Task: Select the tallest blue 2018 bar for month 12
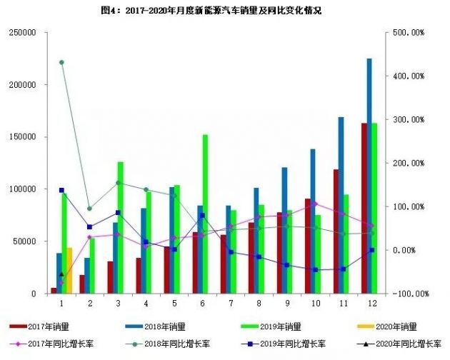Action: (x=369, y=175)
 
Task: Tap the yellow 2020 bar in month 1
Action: (x=69, y=271)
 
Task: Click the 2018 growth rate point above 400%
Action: (x=61, y=62)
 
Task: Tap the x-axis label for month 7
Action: (x=230, y=304)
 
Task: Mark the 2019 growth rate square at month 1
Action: (x=61, y=190)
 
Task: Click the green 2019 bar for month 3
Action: (x=120, y=227)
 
